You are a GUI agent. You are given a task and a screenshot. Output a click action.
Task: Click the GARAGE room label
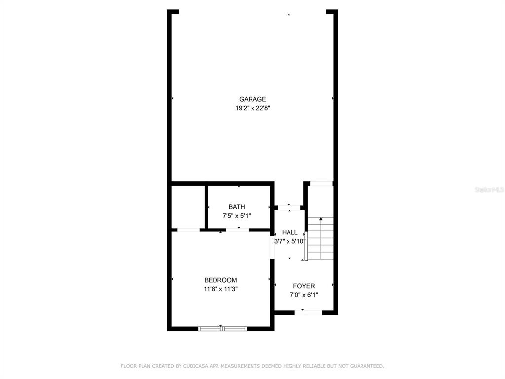tap(252, 99)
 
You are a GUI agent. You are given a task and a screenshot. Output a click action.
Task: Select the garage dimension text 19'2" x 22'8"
tap(252, 108)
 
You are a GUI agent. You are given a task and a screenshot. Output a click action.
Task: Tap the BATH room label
tap(236, 207)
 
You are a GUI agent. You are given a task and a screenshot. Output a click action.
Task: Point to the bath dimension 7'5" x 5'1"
tap(236, 215)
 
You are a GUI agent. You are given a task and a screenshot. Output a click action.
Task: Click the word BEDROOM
tap(220, 280)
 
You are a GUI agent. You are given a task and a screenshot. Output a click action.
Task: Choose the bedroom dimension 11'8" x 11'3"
tap(220, 289)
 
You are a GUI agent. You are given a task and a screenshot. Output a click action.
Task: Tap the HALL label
tap(289, 232)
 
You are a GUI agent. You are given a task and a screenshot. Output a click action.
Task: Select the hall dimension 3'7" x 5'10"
tap(289, 241)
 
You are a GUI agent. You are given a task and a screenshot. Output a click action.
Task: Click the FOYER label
tap(304, 286)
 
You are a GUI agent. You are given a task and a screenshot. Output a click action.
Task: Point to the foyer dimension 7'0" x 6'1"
tap(304, 295)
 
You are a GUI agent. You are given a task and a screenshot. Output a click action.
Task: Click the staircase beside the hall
tap(321, 239)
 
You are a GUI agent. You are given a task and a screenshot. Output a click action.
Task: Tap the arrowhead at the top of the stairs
tap(321, 218)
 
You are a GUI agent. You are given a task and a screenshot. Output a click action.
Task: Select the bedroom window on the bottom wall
tap(222, 328)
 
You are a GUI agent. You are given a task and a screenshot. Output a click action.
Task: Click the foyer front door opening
tap(309, 312)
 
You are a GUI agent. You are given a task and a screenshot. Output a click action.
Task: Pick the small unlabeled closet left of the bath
tap(188, 206)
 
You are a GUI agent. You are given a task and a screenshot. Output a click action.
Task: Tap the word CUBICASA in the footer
tap(194, 366)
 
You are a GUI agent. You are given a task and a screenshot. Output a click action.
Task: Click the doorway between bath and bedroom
tap(238, 230)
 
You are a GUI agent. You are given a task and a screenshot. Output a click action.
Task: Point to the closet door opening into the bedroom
tap(188, 230)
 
